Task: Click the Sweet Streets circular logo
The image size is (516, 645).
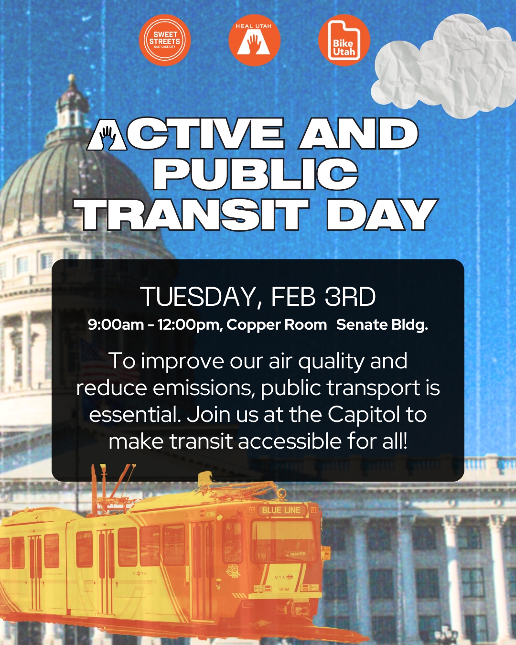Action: tap(165, 40)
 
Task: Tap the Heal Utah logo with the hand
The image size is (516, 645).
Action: tap(254, 40)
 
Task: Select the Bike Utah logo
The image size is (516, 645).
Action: tap(344, 40)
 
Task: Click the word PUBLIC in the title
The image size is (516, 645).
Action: tap(255, 174)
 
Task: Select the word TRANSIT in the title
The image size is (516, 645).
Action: tap(195, 215)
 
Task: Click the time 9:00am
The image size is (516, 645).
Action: tap(116, 324)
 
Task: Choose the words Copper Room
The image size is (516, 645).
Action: tap(277, 325)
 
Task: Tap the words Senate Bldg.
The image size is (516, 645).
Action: tap(382, 325)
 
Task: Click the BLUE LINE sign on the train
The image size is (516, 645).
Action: tap(281, 510)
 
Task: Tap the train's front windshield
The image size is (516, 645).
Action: tap(283, 537)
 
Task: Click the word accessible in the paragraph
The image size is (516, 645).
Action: tap(290, 441)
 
